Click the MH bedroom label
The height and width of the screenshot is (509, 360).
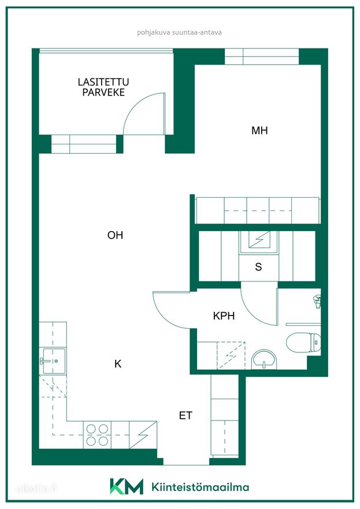(x=259, y=131)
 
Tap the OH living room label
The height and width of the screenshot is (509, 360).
(x=115, y=235)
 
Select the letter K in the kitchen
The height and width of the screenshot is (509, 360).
(x=118, y=364)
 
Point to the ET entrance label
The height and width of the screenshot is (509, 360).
(x=185, y=415)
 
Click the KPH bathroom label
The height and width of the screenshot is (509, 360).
(x=224, y=315)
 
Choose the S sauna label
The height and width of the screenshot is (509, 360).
(x=258, y=267)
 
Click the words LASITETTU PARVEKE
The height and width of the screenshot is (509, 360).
(x=103, y=87)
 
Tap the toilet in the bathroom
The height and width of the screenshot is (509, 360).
(x=303, y=342)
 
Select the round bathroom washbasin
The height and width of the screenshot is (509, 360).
(x=265, y=359)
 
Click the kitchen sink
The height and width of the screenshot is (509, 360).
(x=53, y=361)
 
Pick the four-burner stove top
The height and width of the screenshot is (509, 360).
(x=97, y=435)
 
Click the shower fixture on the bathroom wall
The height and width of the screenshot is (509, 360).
(x=317, y=301)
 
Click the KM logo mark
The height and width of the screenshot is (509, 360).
(x=127, y=486)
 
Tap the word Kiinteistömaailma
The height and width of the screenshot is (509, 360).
(x=201, y=486)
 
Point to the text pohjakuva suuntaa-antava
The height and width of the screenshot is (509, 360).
(x=179, y=32)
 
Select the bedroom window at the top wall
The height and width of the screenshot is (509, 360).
(x=262, y=57)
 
